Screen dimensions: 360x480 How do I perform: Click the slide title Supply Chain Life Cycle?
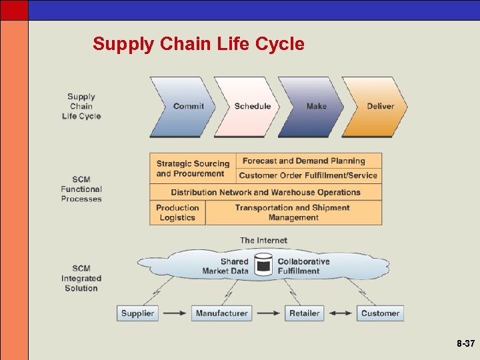(x=198, y=44)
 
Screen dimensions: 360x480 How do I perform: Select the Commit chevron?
(x=183, y=107)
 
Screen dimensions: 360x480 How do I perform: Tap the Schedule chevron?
(x=248, y=107)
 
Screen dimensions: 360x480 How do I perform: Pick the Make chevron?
(x=312, y=107)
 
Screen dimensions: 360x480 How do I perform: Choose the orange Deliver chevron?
(x=377, y=107)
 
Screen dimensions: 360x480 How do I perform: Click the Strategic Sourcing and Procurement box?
(x=193, y=168)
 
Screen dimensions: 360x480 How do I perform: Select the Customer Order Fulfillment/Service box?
(x=309, y=176)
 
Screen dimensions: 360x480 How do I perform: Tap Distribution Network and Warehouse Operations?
(x=265, y=192)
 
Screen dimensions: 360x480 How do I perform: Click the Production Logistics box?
(x=177, y=213)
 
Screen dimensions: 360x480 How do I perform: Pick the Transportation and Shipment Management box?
(x=293, y=213)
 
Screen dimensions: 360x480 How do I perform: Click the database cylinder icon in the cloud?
(x=263, y=265)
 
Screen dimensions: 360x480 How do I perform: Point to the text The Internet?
(x=263, y=240)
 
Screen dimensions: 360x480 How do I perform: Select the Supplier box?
(x=137, y=313)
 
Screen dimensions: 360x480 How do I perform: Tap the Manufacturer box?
(x=221, y=313)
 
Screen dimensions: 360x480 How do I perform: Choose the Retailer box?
(x=304, y=313)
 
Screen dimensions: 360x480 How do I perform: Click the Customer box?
(x=380, y=313)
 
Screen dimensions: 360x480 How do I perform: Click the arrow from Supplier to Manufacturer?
(x=175, y=313)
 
